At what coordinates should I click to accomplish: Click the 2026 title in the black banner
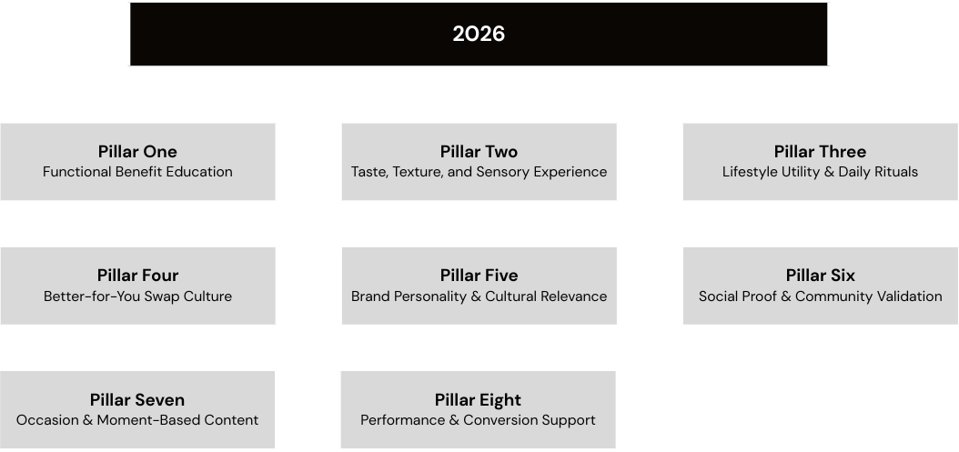(479, 34)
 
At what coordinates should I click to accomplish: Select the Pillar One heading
(137, 151)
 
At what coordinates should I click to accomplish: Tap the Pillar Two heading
(479, 151)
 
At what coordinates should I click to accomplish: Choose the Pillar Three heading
(820, 151)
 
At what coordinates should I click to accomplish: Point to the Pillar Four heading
(137, 276)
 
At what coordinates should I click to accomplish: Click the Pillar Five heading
(479, 276)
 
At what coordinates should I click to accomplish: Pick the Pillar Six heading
(820, 276)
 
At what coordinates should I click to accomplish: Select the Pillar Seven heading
(137, 399)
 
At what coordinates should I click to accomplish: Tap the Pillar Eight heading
(478, 400)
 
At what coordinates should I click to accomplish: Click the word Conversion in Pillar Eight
(499, 420)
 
